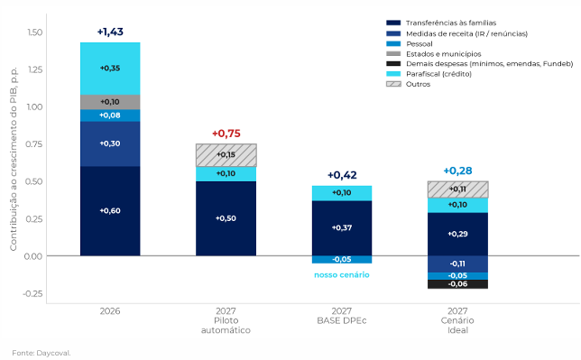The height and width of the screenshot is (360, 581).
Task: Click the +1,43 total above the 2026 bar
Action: (x=110, y=32)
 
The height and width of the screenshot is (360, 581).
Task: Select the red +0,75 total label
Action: (x=226, y=134)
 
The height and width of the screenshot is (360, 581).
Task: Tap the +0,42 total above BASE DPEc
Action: (x=342, y=175)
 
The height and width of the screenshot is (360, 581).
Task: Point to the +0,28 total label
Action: (x=457, y=171)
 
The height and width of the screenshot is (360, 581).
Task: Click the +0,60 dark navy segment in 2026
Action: (x=110, y=211)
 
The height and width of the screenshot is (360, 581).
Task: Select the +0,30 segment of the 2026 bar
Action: (x=110, y=143)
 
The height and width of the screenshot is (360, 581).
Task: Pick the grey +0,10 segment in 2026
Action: (x=110, y=102)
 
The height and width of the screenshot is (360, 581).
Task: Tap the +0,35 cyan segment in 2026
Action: (x=110, y=69)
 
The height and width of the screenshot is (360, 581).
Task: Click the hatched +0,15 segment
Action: (x=226, y=155)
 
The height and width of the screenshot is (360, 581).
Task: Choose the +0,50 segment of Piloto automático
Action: (x=226, y=218)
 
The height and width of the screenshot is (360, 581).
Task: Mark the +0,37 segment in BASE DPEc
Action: (x=342, y=228)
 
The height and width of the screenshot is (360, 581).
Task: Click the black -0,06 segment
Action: (x=457, y=284)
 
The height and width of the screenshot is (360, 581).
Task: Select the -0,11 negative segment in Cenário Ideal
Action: (x=457, y=264)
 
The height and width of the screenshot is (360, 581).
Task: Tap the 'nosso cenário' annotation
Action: (x=342, y=274)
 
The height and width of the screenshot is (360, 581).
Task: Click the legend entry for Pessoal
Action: (x=409, y=43)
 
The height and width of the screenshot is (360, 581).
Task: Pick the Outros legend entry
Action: (x=408, y=84)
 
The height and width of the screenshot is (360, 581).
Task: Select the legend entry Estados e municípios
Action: (x=434, y=54)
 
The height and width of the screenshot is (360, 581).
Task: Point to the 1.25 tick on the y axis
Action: (x=35, y=69)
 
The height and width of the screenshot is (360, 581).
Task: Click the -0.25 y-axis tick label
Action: (x=32, y=293)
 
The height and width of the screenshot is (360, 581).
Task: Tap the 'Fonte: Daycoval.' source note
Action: (x=41, y=353)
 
